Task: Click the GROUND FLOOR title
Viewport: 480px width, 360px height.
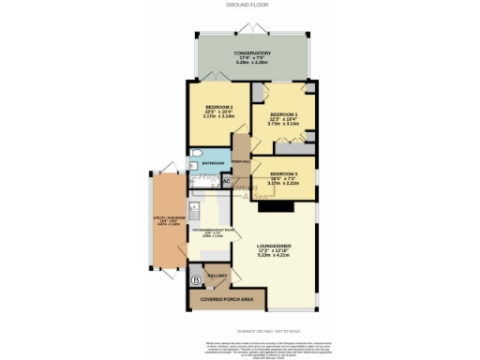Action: click(x=239, y=5)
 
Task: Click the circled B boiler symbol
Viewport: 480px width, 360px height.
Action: click(x=196, y=279)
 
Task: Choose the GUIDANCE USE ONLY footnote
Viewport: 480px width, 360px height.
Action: click(x=239, y=328)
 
